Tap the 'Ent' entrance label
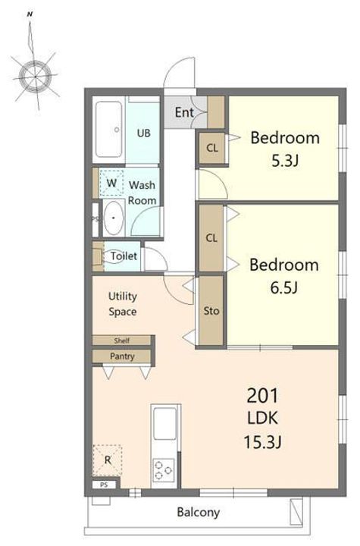pos(184,112)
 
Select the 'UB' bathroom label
pos(143,133)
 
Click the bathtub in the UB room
pos(108,130)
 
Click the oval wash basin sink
pos(114,218)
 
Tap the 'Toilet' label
pos(124,256)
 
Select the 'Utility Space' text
pos(123,304)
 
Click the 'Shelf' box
pos(122,340)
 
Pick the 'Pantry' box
pos(122,356)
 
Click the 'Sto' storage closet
pos(211,311)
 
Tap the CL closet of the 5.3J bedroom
pos(211,148)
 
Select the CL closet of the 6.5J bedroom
pos(211,238)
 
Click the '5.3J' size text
pos(285,161)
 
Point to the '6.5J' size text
pos(284,287)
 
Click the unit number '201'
pos(262,396)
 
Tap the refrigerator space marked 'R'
pos(108,460)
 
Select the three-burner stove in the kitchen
pos(164,470)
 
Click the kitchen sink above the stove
pos(164,423)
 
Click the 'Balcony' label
pos(199,512)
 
